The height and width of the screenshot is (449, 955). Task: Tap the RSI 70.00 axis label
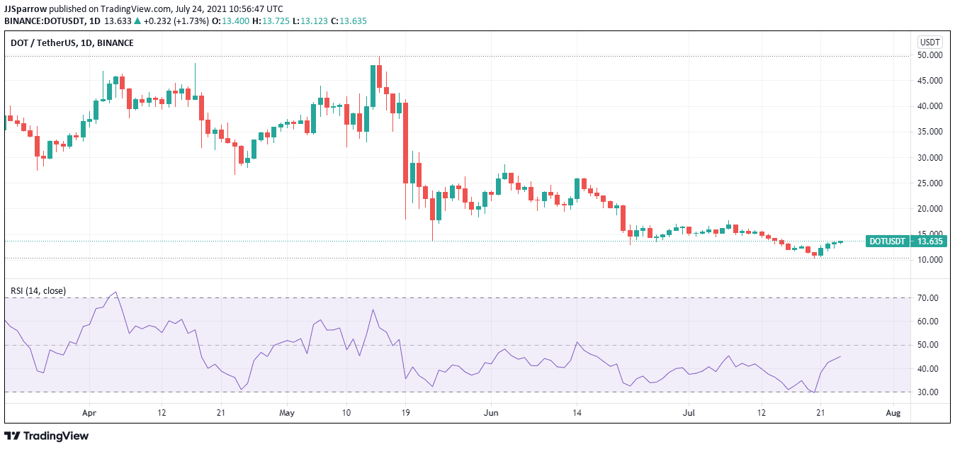pos(928,298)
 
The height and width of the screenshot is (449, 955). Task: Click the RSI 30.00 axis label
pos(928,392)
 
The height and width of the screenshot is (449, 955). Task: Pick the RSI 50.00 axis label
pos(928,345)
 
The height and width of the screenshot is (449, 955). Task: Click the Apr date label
pos(89,412)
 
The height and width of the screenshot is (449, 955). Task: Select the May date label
pos(286,412)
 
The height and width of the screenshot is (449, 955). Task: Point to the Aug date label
pos(893,412)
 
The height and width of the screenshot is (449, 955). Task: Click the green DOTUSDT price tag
pos(906,241)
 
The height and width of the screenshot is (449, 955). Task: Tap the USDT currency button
pos(930,42)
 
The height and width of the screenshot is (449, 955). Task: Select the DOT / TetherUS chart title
pos(72,43)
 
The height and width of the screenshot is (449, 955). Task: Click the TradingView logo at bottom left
pos(48,436)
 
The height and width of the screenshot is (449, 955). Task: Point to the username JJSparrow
pos(26,8)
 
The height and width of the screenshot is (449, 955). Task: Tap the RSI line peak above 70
pos(115,292)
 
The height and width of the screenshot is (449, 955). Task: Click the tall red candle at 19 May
pos(406,142)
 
